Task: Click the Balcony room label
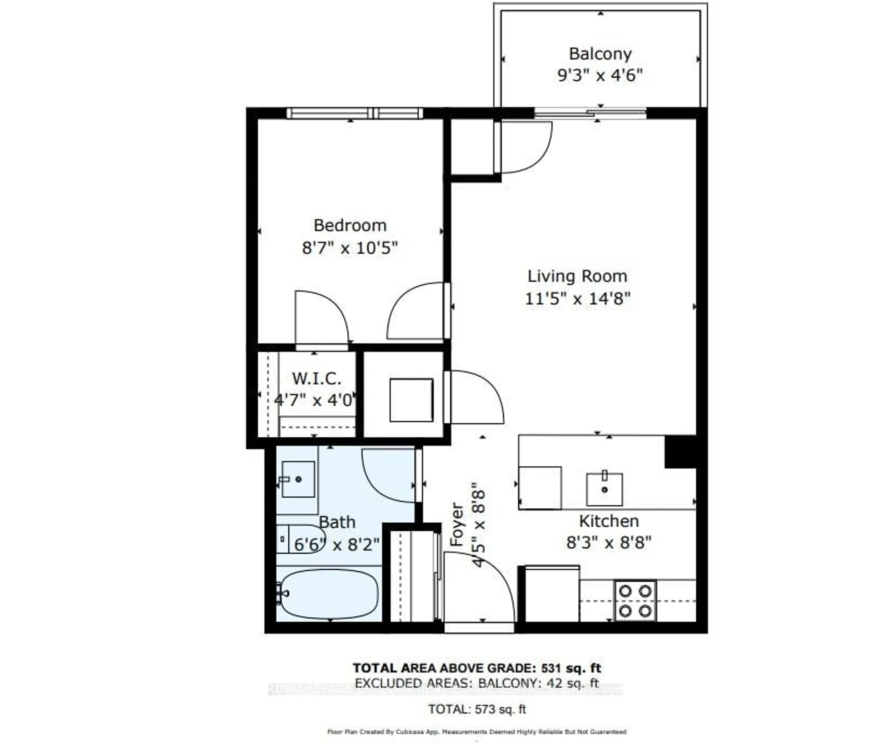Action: tap(600, 54)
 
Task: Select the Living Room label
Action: tap(577, 276)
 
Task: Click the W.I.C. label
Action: tap(316, 378)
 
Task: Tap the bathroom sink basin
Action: tap(298, 479)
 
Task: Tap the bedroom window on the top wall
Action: tap(355, 113)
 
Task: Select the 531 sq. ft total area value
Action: tap(571, 668)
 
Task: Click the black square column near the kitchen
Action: tap(680, 452)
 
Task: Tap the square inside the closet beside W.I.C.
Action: tap(411, 400)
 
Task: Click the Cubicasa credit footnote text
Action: tap(476, 732)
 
